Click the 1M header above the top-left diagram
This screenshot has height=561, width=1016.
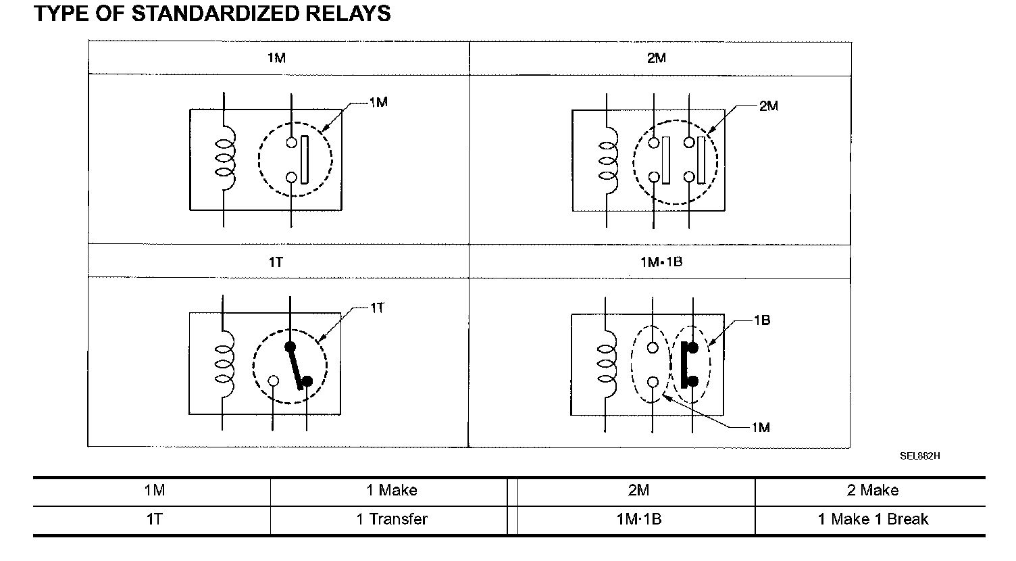pos(276,58)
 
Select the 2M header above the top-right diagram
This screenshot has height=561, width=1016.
pos(656,58)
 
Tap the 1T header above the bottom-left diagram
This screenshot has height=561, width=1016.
pos(276,262)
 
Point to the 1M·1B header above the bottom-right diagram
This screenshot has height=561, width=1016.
pos(661,262)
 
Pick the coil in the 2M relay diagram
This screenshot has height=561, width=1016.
pos(608,161)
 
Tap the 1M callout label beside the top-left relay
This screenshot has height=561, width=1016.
pos(378,103)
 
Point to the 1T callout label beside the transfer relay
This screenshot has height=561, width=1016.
pos(377,308)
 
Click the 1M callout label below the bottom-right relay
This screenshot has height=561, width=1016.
pos(760,427)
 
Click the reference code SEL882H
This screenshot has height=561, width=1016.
pos(919,456)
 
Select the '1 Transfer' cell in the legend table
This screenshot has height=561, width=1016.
pos(392,520)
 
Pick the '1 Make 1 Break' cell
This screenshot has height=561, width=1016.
pos(872,520)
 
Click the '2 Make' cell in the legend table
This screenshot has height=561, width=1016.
pos(872,490)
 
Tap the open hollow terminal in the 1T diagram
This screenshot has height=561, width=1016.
pos(274,381)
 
